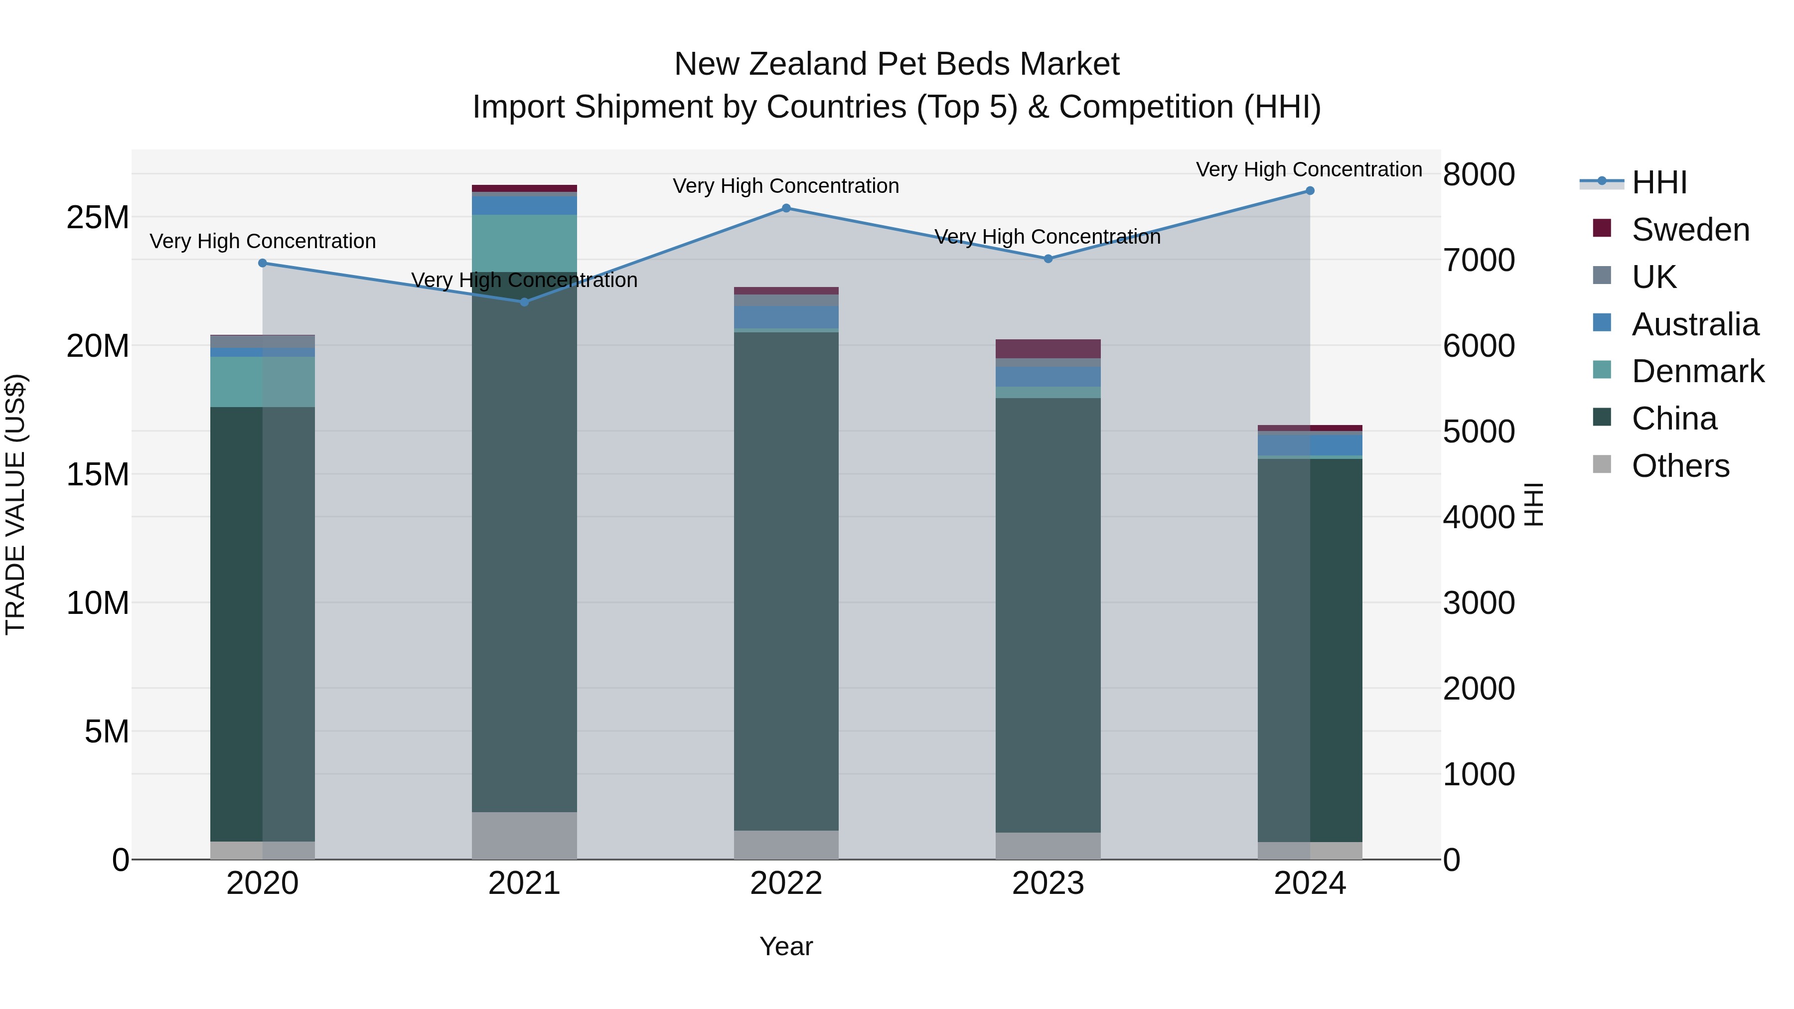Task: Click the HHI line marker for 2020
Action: point(263,263)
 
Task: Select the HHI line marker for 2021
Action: point(524,301)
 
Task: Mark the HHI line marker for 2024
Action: point(1310,191)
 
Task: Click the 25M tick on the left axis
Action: point(98,217)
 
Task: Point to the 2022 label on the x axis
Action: point(786,883)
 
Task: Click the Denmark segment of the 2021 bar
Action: point(524,243)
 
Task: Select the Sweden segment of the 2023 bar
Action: point(1048,349)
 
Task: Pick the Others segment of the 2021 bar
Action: point(524,835)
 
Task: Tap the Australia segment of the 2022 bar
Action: point(786,317)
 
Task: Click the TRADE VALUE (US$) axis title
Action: point(15,504)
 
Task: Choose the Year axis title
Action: point(786,946)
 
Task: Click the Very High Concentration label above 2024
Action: point(1309,169)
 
